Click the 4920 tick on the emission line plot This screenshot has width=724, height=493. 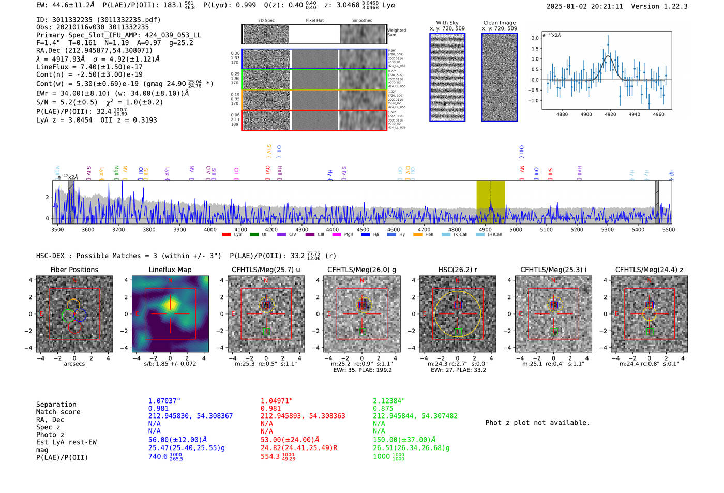click(610, 114)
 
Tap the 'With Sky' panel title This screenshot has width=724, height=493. click(447, 23)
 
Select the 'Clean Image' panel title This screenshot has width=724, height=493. click(499, 23)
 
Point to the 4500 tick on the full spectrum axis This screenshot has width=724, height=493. click(363, 229)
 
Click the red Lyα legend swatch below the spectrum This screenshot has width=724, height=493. click(227, 235)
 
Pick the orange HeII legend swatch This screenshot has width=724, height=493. click(418, 235)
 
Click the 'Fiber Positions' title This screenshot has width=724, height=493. click(74, 270)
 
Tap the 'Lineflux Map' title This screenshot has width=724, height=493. click(170, 270)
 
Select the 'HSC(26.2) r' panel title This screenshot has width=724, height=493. click(458, 270)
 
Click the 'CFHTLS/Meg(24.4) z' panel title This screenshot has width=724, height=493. click(649, 270)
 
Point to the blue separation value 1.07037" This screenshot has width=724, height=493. click(164, 401)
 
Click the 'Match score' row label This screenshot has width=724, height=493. click(58, 412)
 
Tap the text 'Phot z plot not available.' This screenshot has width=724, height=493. click(537, 423)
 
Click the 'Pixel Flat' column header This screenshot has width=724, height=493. click(314, 21)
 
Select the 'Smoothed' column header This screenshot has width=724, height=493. click(362, 21)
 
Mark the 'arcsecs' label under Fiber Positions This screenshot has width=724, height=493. click(74, 364)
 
